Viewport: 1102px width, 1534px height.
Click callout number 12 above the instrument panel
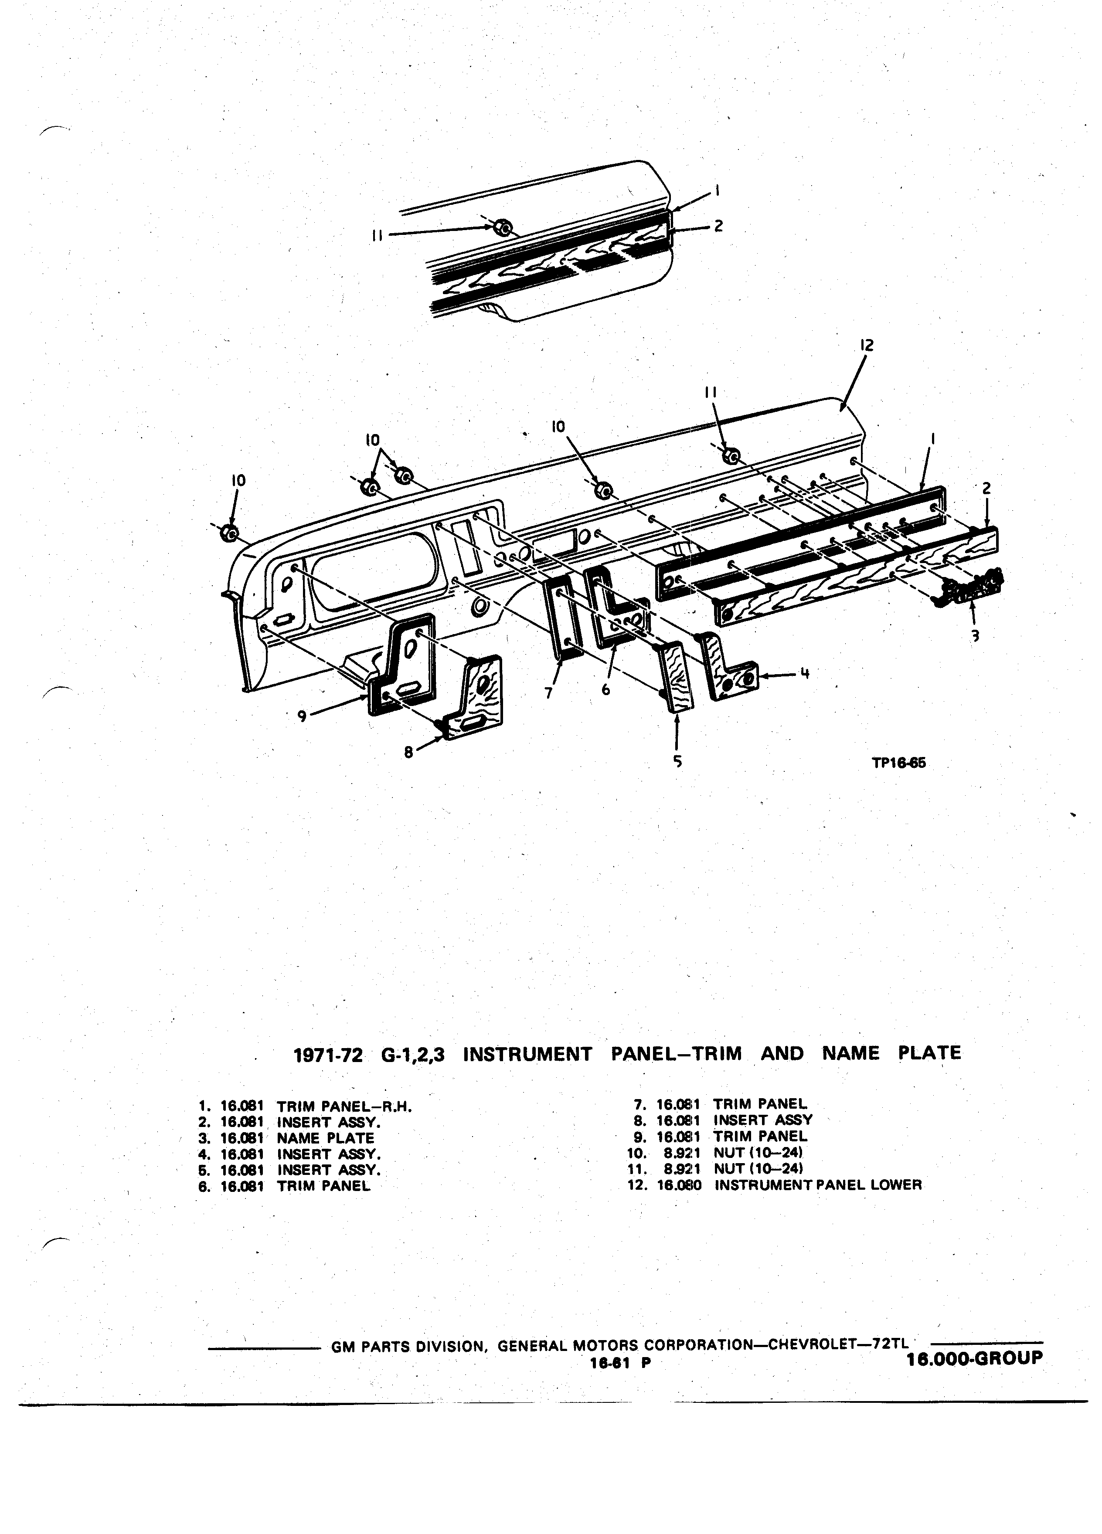point(867,345)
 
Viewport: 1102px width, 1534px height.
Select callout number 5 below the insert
point(677,762)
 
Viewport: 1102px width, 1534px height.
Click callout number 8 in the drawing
point(408,751)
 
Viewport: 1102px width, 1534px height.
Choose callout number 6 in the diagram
point(605,689)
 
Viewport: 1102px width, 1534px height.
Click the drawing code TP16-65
point(898,763)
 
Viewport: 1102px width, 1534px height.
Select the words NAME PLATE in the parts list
point(325,1138)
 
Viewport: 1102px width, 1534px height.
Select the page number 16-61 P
point(620,1364)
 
